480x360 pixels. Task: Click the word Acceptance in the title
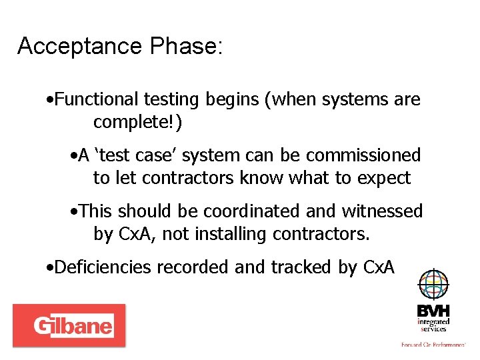[x=80, y=47]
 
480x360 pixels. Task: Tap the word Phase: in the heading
[x=187, y=47]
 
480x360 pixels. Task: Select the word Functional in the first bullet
[x=94, y=100]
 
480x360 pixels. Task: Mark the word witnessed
[x=381, y=211]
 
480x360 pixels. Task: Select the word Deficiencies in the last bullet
[x=102, y=267]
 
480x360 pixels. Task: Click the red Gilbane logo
[x=69, y=325]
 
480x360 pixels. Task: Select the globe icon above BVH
[x=433, y=285]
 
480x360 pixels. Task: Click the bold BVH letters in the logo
[x=433, y=311]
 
